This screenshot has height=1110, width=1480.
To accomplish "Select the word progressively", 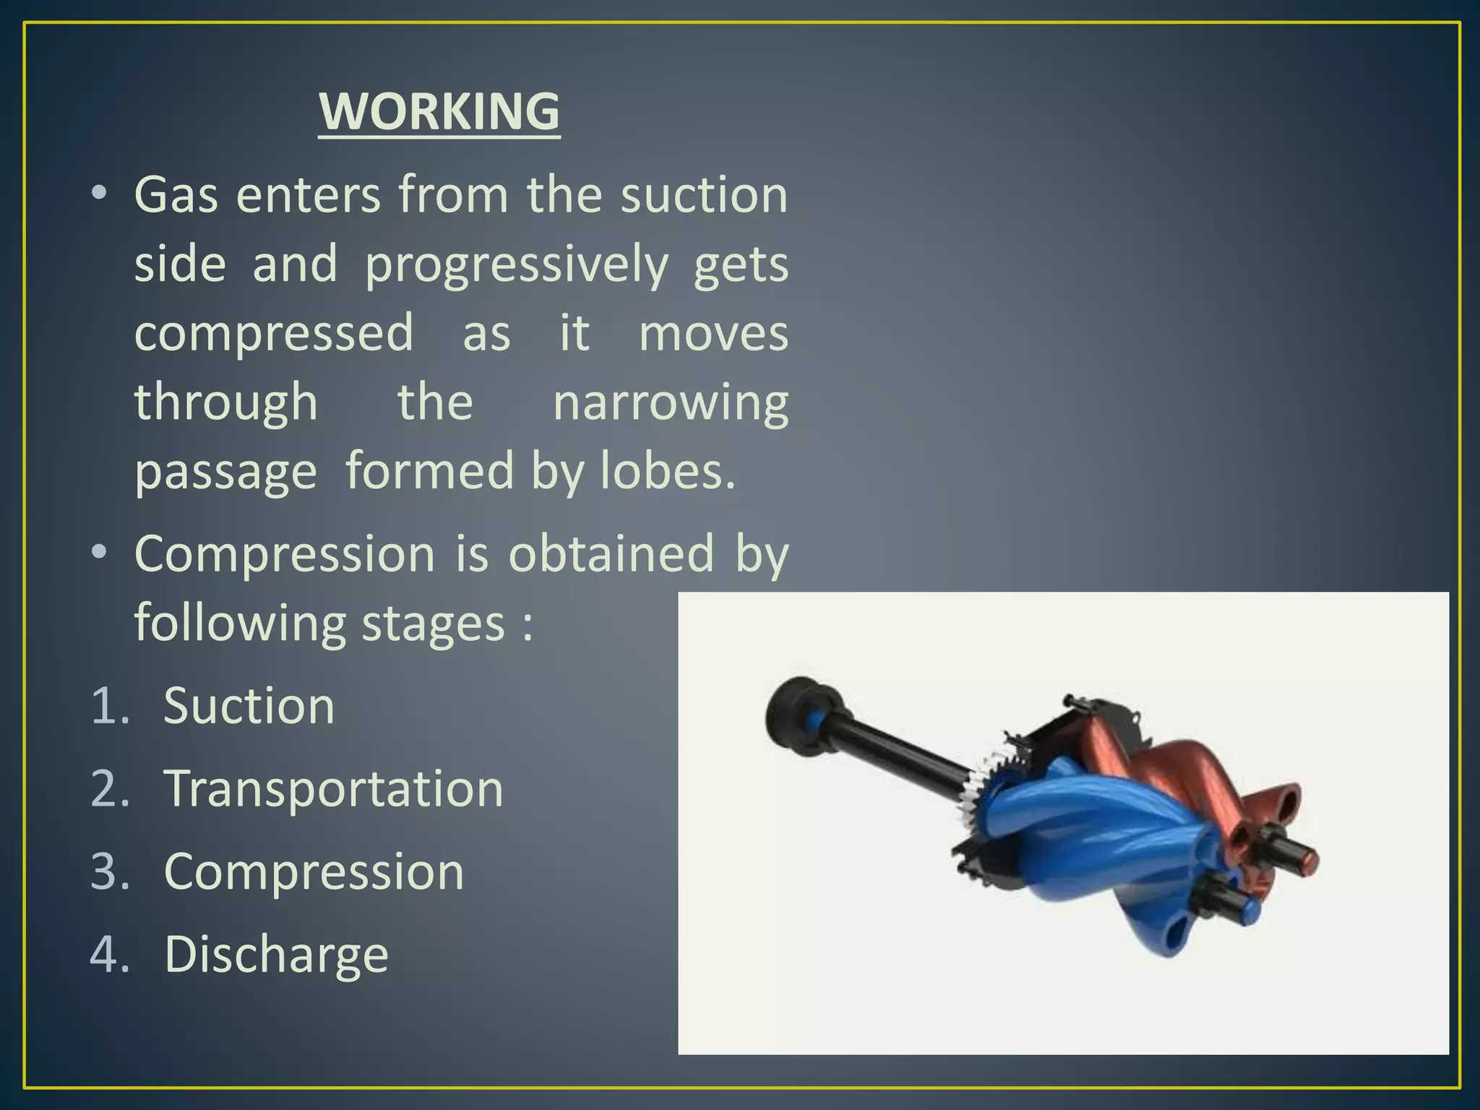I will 517,264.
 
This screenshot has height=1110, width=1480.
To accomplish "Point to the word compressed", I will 274,333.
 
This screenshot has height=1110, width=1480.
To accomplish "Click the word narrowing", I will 670,403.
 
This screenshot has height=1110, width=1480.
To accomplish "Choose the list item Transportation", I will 333,788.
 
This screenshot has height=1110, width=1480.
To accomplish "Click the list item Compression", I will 314,872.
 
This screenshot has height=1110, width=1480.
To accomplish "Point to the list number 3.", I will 109,872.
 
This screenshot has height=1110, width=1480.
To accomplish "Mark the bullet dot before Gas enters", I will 100,193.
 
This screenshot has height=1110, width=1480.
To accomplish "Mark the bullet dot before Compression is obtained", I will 100,552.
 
